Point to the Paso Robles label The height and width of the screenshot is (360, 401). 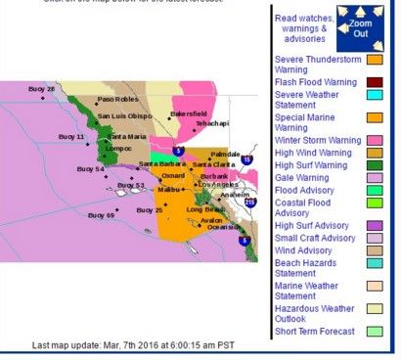click(x=114, y=100)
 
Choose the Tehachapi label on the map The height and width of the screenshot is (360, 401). click(x=208, y=124)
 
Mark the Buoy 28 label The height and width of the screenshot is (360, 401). click(x=44, y=89)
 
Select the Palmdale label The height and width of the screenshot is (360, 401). click(x=226, y=154)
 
